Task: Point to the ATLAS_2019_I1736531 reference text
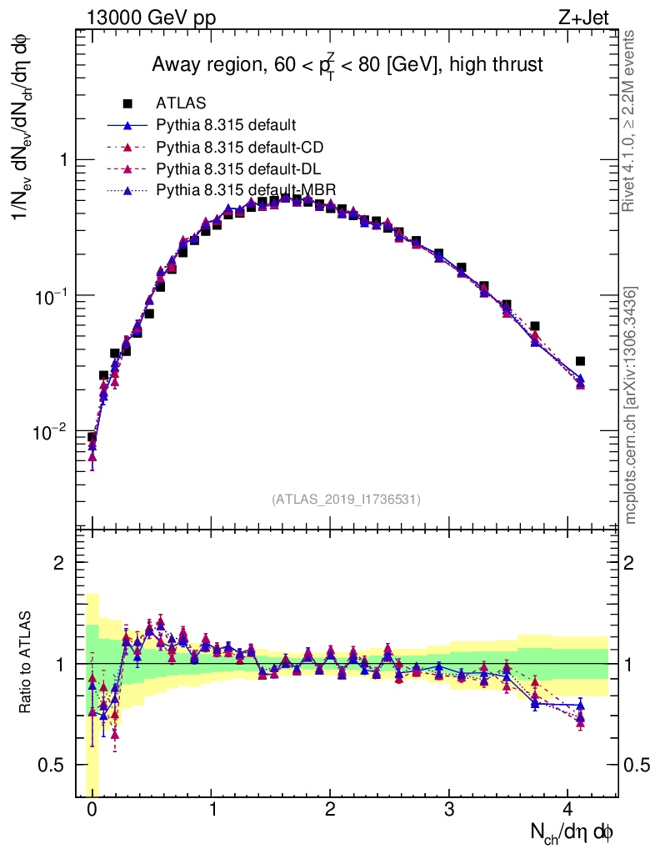346,500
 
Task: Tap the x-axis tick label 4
568,809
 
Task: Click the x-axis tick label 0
92,809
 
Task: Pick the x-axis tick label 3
449,809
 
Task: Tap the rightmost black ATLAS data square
580,361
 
